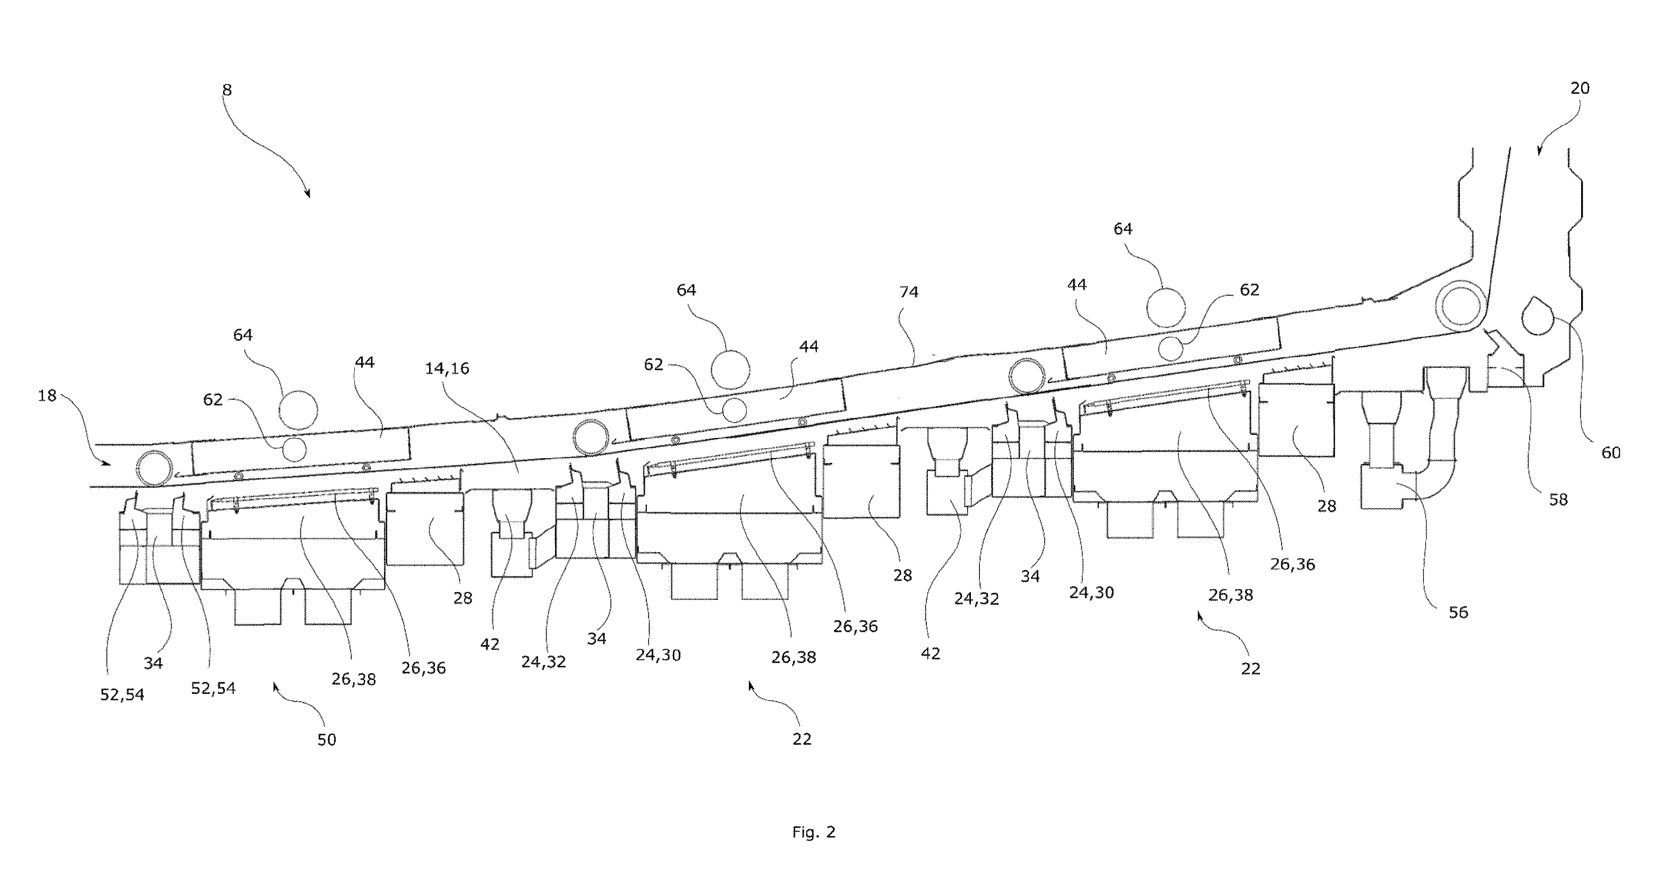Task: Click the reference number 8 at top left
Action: coord(227,90)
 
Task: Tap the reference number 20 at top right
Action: coord(1580,88)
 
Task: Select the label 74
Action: coord(909,292)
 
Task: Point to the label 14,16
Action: coord(447,369)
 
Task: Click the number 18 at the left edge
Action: coord(47,395)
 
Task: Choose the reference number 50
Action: coord(326,740)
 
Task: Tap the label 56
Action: coord(1458,612)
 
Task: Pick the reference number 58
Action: coord(1558,500)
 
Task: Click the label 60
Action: coord(1611,452)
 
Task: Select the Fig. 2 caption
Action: coord(814,832)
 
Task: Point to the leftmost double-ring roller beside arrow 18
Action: coord(155,468)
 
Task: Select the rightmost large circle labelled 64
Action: coord(1166,308)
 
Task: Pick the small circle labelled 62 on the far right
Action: coord(1171,349)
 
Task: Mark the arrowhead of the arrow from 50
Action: coord(275,686)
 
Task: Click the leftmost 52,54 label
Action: coord(122,695)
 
